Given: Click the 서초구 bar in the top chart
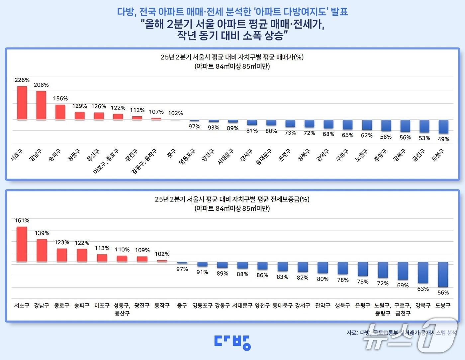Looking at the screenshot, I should pyautogui.click(x=22, y=103).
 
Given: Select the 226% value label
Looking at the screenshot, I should pyautogui.click(x=22, y=80).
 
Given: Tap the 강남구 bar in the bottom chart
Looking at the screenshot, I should pyautogui.click(x=42, y=250).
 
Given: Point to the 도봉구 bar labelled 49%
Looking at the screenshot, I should pyautogui.click(x=443, y=127).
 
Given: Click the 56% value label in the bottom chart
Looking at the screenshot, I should pyautogui.click(x=443, y=293).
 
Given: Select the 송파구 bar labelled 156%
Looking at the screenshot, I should pyautogui.click(x=60, y=112).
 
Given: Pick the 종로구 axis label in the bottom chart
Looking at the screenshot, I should pyautogui.click(x=62, y=305).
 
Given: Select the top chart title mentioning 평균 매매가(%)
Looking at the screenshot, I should pyautogui.click(x=232, y=57).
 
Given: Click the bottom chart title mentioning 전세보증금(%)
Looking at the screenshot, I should pyautogui.click(x=232, y=199).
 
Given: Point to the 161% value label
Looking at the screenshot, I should pyautogui.click(x=22, y=221).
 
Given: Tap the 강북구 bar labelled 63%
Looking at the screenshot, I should pyautogui.click(x=423, y=273).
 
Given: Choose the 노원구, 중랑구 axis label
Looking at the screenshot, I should pyautogui.click(x=383, y=309).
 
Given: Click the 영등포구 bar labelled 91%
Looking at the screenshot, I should pyautogui.click(x=202, y=264).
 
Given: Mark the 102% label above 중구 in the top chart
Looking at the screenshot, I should pyautogui.click(x=175, y=113).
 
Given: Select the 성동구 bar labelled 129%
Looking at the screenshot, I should pyautogui.click(x=80, y=116).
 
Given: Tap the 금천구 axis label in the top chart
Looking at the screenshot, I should pyautogui.click(x=418, y=155).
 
